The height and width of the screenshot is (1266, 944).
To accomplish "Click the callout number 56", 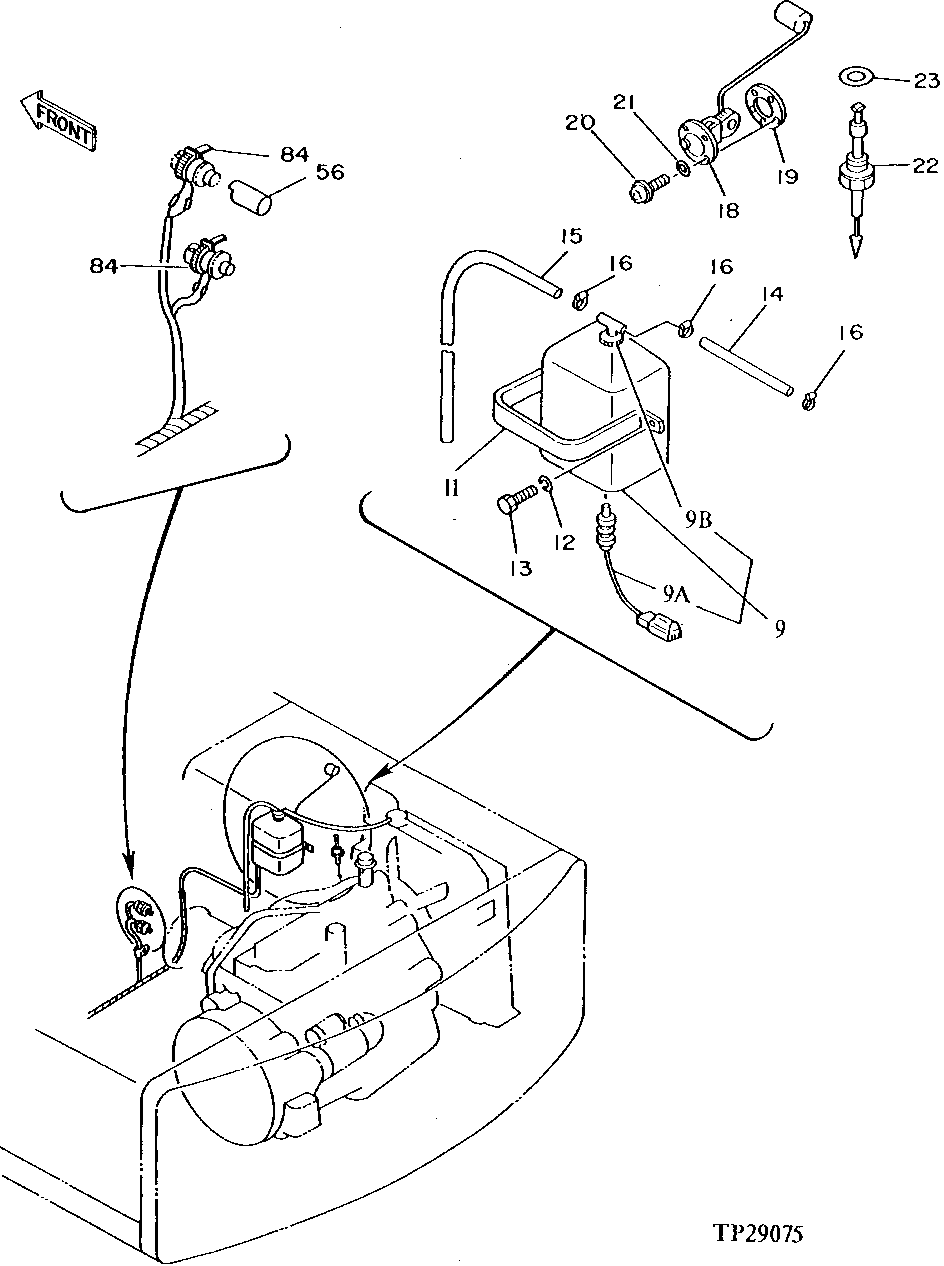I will tap(329, 172).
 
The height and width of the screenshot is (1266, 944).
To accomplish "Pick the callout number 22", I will tap(920, 166).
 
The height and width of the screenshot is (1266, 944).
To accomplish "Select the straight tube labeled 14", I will tap(746, 365).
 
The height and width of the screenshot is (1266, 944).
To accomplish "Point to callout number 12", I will tap(565, 542).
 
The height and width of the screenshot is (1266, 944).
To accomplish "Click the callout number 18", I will tap(727, 210).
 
